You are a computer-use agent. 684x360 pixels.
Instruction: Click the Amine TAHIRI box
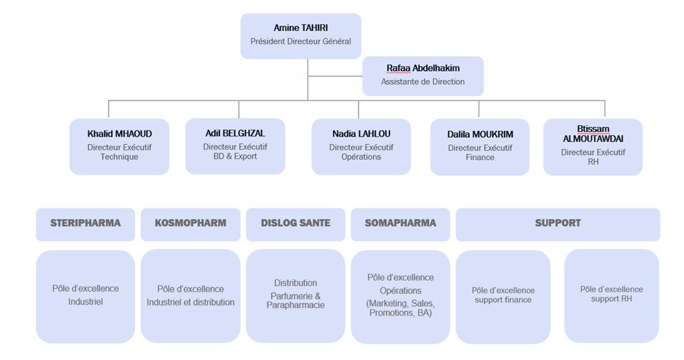[301, 36]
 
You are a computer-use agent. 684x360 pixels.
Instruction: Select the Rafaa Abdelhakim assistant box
[423, 76]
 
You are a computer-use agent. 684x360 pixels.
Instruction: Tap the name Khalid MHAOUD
[119, 134]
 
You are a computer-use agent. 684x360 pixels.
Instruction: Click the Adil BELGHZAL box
[235, 146]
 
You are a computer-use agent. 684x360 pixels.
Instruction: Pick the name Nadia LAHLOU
[361, 134]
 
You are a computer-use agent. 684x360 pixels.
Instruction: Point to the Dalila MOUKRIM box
[480, 147]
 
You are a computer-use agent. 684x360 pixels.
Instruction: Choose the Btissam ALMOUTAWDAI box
[593, 147]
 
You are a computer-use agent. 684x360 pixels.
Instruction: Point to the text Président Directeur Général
[301, 41]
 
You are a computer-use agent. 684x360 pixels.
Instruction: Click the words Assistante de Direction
[423, 81]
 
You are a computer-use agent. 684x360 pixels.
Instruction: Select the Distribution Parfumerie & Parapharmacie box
[295, 296]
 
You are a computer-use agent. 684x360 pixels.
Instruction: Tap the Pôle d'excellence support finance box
[503, 297]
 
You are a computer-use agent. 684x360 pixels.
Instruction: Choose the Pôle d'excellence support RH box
[612, 296]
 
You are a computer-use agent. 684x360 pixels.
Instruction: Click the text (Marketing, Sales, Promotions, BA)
[401, 308]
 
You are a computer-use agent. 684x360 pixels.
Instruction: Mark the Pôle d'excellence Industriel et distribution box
[190, 296]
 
